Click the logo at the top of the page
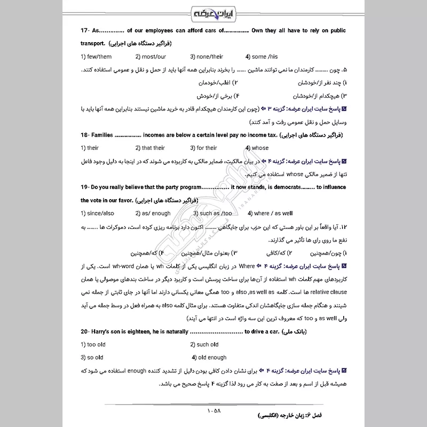pos(213,12)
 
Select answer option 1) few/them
pos(96,57)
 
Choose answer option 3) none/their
pos(208,57)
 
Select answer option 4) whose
pos(257,148)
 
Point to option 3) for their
pos(203,148)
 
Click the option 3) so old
pos(92,357)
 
